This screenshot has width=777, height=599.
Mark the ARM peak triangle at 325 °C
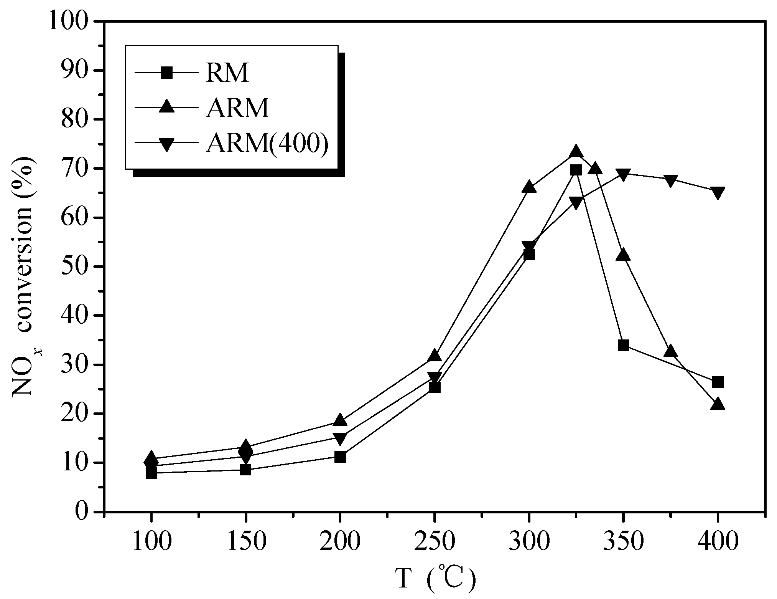pyautogui.click(x=576, y=152)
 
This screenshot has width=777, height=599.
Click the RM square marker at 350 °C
pyautogui.click(x=623, y=345)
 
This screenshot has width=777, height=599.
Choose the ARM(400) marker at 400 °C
pyautogui.click(x=717, y=192)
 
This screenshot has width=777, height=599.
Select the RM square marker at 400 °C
pyautogui.click(x=717, y=382)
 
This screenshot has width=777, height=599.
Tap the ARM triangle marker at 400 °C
pyautogui.click(x=717, y=404)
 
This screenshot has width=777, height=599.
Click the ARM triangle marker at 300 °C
pyautogui.click(x=529, y=187)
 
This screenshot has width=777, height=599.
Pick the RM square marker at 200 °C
pyautogui.click(x=340, y=457)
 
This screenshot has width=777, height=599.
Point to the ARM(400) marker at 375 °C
pyautogui.click(x=670, y=180)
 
